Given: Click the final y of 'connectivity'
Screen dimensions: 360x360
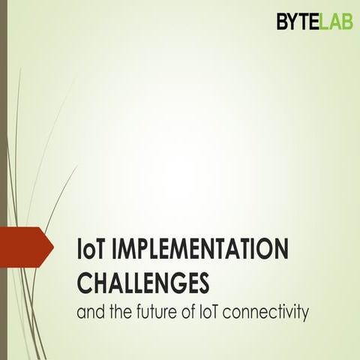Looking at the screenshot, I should (x=305, y=313).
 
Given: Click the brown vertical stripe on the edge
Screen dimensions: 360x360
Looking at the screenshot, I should (x=3, y=150).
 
